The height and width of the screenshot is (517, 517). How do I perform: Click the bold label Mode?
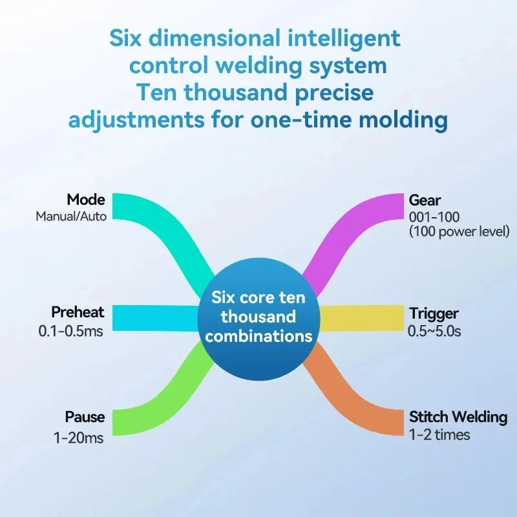tap(86, 200)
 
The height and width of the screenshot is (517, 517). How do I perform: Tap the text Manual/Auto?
tap(71, 216)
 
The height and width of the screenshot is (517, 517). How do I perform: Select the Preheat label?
tap(78, 312)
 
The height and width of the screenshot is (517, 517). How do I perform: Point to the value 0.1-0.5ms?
tap(71, 331)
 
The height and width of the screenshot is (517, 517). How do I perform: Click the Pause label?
tap(85, 417)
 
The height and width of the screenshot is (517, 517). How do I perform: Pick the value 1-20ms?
tap(78, 438)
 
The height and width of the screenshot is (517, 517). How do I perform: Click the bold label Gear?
tap(425, 200)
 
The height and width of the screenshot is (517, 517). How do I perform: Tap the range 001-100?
tap(434, 217)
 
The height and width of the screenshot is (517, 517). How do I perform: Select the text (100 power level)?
tap(459, 231)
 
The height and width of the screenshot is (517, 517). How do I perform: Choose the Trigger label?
tap(434, 313)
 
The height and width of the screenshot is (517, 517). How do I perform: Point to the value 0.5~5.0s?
tap(434, 331)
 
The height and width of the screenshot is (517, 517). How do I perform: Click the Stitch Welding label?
tap(458, 417)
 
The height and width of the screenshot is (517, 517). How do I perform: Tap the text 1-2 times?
tap(439, 434)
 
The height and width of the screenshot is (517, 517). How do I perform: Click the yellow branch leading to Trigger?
tap(361, 318)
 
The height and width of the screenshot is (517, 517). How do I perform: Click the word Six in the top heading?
tap(125, 38)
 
